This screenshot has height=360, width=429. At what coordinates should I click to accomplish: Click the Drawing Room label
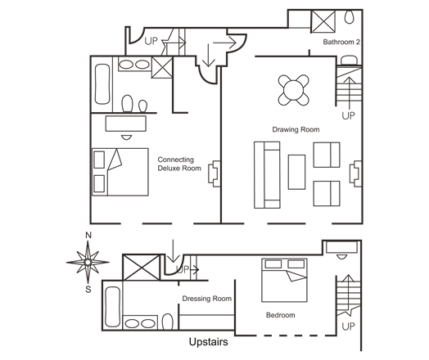tap(296, 129)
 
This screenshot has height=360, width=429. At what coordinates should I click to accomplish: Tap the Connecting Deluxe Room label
tap(179, 164)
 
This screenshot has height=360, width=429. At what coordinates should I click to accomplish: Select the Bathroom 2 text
tap(341, 42)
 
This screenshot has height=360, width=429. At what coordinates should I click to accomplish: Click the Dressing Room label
tap(207, 299)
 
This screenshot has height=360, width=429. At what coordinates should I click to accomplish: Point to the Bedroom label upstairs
tap(281, 315)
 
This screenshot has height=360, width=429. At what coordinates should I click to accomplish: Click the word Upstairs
tap(209, 342)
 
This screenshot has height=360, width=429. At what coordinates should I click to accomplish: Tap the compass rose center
tap(88, 263)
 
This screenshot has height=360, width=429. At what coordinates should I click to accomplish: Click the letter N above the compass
tap(88, 235)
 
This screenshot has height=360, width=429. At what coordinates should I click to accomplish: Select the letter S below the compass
tap(88, 289)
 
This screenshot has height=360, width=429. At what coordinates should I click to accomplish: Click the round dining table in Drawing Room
tap(294, 90)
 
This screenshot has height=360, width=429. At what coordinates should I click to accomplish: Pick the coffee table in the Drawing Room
tap(296, 172)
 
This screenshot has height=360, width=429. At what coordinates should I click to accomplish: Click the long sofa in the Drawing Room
tap(267, 175)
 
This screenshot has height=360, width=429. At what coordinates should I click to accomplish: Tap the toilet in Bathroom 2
tap(349, 17)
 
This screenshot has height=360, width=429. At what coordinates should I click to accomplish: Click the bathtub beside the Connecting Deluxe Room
tap(102, 84)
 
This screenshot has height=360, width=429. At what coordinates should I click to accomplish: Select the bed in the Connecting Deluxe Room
tap(120, 172)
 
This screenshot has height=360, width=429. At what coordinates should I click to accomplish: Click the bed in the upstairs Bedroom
tap(284, 280)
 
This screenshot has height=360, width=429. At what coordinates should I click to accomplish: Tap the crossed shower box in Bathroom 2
tap(323, 21)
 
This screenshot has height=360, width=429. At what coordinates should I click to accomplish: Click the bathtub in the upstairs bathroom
tap(112, 307)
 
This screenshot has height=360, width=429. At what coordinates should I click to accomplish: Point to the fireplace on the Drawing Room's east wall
tap(355, 173)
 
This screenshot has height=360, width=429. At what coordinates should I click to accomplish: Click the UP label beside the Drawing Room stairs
tap(348, 115)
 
